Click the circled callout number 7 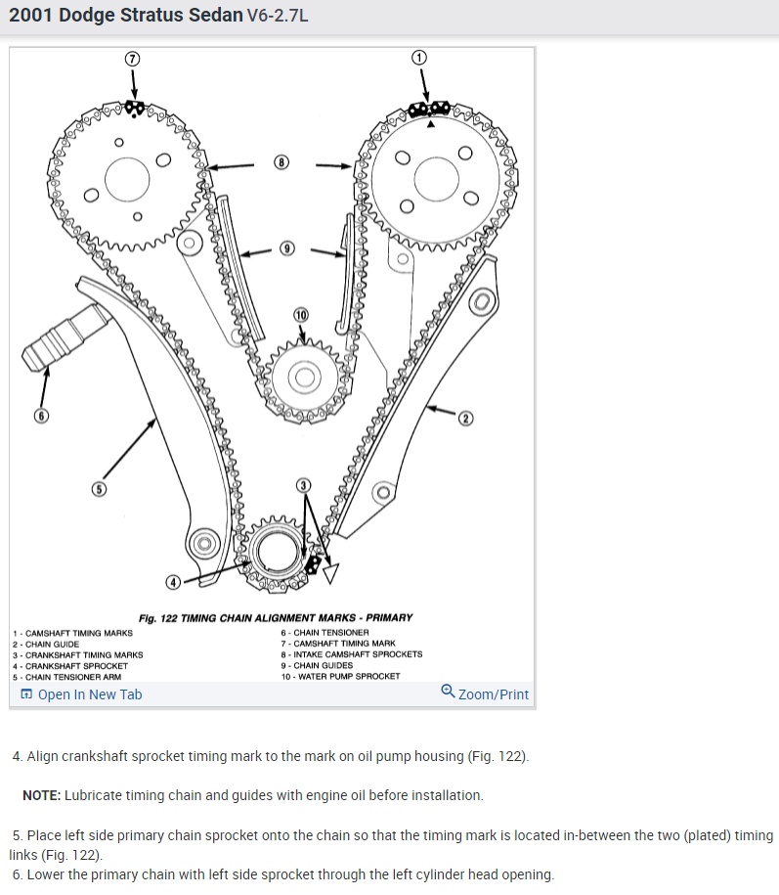pyautogui.click(x=133, y=58)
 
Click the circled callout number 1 pyautogui.click(x=420, y=58)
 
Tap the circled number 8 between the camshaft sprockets pyautogui.click(x=281, y=162)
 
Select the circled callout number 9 pyautogui.click(x=286, y=248)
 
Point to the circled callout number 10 pyautogui.click(x=300, y=315)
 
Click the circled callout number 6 pyautogui.click(x=40, y=416)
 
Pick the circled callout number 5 pyautogui.click(x=99, y=488)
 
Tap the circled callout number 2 pyautogui.click(x=465, y=419)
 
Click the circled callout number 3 pyautogui.click(x=304, y=485)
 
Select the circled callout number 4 pyautogui.click(x=173, y=582)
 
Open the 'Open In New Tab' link pyautogui.click(x=81, y=694)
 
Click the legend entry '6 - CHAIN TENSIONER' pyautogui.click(x=325, y=633)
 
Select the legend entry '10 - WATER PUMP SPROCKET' pyautogui.click(x=340, y=676)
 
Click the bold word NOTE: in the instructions pyautogui.click(x=41, y=795)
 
